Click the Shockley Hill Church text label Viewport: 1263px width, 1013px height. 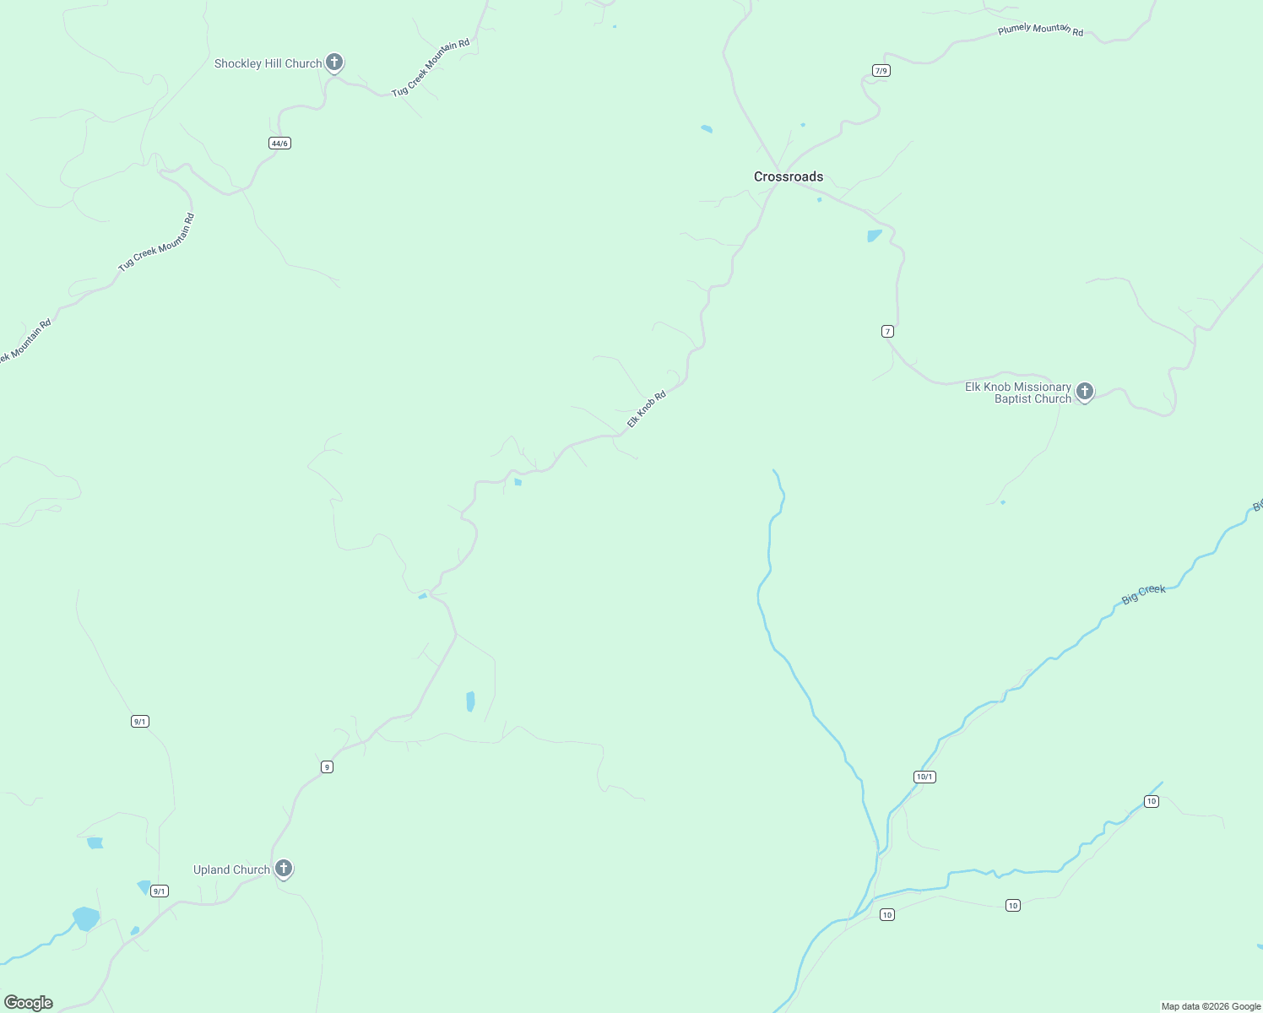(x=268, y=64)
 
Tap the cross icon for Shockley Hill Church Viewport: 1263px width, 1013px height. (x=334, y=62)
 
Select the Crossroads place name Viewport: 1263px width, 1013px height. (x=789, y=177)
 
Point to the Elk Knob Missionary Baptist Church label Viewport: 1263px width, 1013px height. (x=1018, y=393)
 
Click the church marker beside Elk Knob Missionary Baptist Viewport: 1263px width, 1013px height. (x=1085, y=392)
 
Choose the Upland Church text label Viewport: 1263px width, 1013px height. (x=231, y=870)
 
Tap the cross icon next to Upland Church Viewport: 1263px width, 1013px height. (x=284, y=869)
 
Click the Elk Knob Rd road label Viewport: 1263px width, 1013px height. (x=647, y=409)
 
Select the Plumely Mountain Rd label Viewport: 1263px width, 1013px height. (x=1040, y=30)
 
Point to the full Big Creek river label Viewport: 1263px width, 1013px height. (x=1143, y=594)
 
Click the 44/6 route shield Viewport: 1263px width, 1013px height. (x=279, y=144)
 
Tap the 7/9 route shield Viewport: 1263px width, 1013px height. (x=881, y=71)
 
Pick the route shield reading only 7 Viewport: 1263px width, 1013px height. (x=887, y=332)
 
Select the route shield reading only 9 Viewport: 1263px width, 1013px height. (x=327, y=767)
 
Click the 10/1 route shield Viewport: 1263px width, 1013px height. (x=924, y=777)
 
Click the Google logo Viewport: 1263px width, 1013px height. (x=29, y=1003)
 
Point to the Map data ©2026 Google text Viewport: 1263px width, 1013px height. (x=1211, y=1006)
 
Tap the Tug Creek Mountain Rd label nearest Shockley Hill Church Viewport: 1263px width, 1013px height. (x=431, y=68)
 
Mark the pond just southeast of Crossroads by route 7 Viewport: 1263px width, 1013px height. (x=874, y=236)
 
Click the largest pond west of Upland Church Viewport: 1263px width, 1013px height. (x=85, y=918)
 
